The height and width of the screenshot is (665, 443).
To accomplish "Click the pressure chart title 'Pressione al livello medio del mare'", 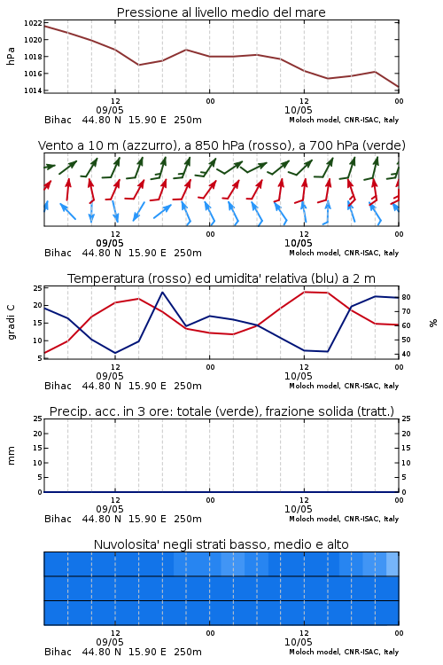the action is (221, 12).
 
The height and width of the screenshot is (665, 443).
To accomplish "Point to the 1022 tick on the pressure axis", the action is (33, 23).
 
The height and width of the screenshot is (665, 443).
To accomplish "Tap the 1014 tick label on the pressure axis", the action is (33, 90).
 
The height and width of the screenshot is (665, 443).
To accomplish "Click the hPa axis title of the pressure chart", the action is (11, 56).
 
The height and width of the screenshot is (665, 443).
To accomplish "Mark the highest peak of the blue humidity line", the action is (162, 292).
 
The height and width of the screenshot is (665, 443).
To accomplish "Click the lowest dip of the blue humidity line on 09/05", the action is (115, 353).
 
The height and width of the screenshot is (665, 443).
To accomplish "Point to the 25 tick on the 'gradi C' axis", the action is (38, 288).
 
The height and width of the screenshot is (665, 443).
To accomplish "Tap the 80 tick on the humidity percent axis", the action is (406, 297).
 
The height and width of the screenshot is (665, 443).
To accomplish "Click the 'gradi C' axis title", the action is (12, 323).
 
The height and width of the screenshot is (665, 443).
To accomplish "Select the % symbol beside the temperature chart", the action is (433, 323).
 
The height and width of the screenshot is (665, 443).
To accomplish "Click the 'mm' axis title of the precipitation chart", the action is (12, 456).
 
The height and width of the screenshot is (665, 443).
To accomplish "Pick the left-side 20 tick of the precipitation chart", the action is (38, 434).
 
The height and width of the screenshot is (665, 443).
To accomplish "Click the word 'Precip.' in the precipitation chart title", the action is (66, 411).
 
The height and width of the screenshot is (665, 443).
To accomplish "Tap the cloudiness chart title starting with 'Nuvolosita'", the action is (221, 544).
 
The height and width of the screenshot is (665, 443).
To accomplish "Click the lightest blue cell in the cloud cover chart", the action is (392, 564).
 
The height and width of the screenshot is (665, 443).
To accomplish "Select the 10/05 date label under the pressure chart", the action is (298, 110).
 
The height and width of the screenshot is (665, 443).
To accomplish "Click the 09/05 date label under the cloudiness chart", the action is (110, 643).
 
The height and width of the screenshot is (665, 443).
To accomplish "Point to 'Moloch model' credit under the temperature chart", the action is (315, 386).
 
